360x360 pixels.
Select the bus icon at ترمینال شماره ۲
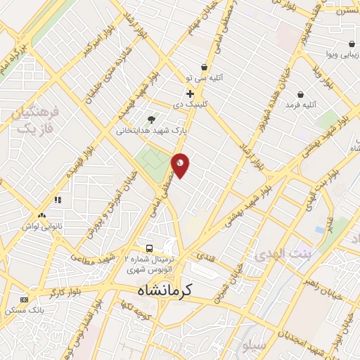coord(149,248)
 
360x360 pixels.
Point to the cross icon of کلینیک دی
coord(190,94)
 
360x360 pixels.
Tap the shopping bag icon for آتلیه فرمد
coord(301,94)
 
